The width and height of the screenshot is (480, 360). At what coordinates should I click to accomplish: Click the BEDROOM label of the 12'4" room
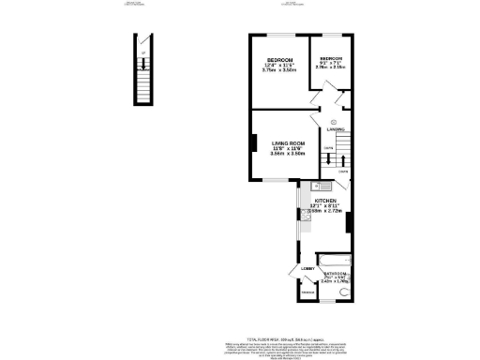pyautogui.click(x=279, y=58)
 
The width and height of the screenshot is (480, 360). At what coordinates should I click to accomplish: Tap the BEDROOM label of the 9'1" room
pyautogui.click(x=331, y=57)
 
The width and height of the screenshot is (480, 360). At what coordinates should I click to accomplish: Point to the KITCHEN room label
pyautogui.click(x=324, y=201)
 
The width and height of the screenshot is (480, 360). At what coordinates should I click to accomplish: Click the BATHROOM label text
pyautogui.click(x=337, y=274)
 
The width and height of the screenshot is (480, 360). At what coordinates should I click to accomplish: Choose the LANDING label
pyautogui.click(x=336, y=128)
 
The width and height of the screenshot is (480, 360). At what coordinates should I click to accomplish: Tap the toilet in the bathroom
pyautogui.click(x=343, y=292)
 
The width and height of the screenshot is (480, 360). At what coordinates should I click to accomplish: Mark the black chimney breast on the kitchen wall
pyautogui.click(x=349, y=223)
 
